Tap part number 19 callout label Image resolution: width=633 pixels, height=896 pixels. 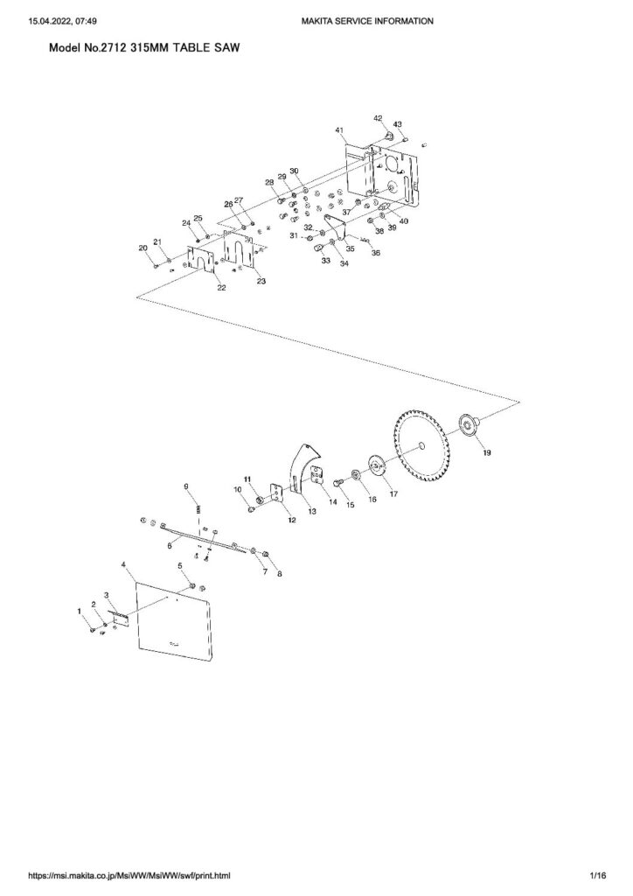coord(487,454)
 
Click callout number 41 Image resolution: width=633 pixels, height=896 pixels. coord(338,129)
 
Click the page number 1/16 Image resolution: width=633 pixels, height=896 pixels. coord(598,875)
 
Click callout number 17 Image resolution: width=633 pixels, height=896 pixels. coord(393,493)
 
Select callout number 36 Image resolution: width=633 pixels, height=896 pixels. coord(376,253)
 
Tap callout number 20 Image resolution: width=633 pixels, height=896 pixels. coord(143,248)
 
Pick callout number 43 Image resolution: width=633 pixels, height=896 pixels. coord(398,124)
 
